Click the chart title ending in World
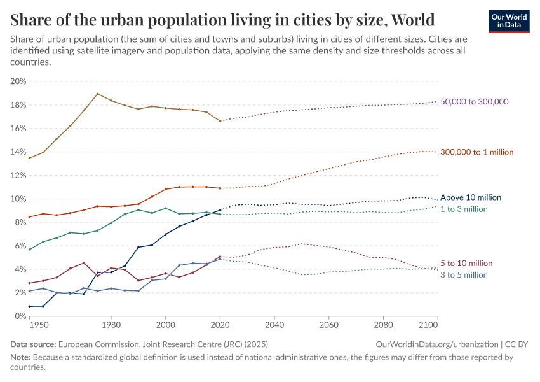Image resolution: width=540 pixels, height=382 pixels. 222,19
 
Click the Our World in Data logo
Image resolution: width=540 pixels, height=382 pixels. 508,20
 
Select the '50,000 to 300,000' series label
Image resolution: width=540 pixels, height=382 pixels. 475,102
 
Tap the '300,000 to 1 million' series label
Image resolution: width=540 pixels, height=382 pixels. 477,152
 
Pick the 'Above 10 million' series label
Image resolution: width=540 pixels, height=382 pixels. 471,197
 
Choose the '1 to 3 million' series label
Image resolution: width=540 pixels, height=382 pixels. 464,209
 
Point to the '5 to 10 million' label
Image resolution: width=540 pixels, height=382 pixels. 466,264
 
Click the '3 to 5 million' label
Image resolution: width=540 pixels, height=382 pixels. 464,275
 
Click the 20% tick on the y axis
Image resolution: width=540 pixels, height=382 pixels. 18,81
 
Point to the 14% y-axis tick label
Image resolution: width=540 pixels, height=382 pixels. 18,152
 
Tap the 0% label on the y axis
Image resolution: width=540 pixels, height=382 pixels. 20,316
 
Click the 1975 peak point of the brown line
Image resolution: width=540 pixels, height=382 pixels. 97,94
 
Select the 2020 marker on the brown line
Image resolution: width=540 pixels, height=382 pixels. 220,121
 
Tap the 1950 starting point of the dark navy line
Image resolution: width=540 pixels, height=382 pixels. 29,306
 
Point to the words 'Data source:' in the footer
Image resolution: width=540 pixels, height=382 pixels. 32,344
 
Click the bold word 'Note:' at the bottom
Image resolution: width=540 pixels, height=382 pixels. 22,357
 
